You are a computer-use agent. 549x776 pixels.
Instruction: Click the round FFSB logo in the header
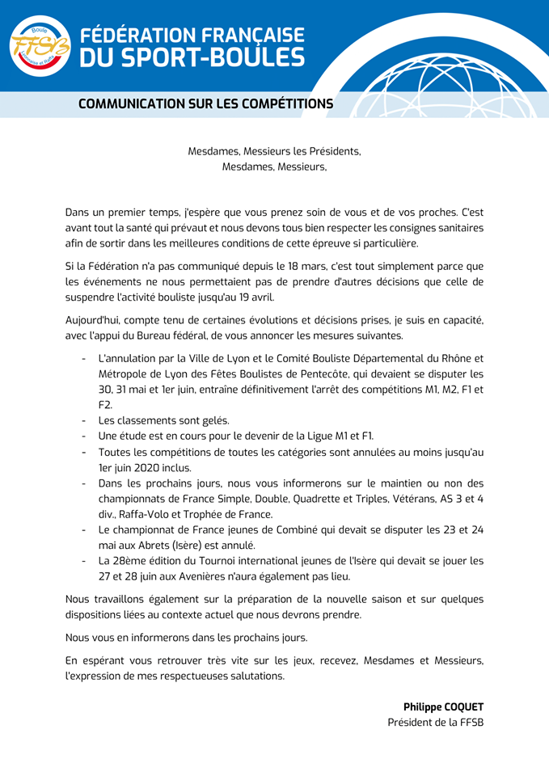(40, 45)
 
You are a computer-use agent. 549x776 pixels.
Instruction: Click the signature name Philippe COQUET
(443, 706)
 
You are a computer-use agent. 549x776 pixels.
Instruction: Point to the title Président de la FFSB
(435, 722)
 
